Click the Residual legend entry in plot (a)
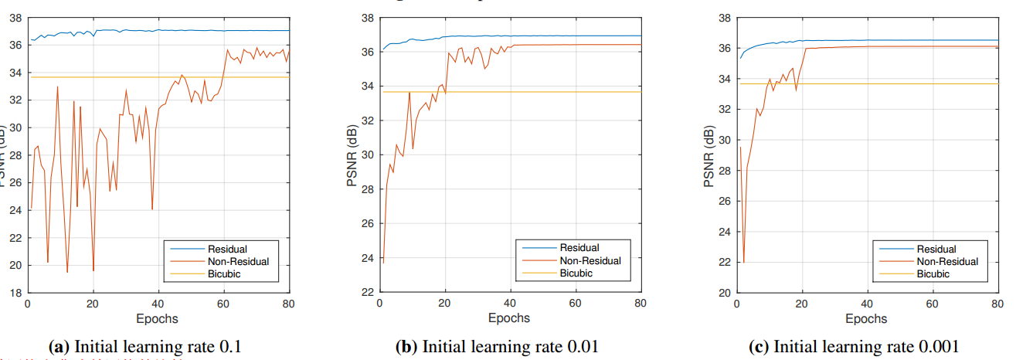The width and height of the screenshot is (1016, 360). [x=227, y=249]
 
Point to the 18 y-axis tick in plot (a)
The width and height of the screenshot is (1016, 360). [x=16, y=293]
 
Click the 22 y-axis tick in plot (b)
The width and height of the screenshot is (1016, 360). [x=367, y=292]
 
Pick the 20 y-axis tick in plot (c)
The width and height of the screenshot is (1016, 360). [x=722, y=293]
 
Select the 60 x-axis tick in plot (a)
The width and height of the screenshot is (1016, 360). [x=224, y=304]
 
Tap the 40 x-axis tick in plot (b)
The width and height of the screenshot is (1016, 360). [x=510, y=304]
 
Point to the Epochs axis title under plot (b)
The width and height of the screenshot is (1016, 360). [x=509, y=318]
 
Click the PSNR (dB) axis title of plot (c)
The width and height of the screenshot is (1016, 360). [x=708, y=155]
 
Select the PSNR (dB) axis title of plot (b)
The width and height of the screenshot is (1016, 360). [x=353, y=155]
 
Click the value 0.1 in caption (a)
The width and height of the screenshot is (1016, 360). [x=232, y=347]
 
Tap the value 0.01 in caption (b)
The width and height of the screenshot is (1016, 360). [x=581, y=347]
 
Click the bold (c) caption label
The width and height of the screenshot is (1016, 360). [x=759, y=347]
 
